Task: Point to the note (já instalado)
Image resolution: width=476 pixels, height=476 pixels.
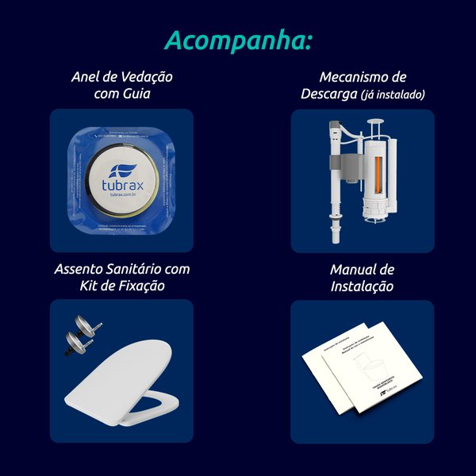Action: click(x=393, y=94)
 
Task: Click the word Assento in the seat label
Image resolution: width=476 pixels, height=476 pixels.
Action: click(x=82, y=269)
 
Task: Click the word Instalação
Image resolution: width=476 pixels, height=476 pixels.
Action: click(x=362, y=286)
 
